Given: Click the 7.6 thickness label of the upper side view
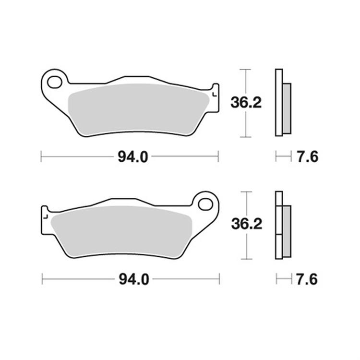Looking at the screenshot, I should [x=308, y=156].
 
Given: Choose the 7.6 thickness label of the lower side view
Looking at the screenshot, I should [x=308, y=278].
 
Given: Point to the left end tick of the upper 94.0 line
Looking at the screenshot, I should [x=42, y=156].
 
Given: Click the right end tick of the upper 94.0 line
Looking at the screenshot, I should [x=218, y=156].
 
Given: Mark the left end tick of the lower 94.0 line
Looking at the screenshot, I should [x=42, y=278].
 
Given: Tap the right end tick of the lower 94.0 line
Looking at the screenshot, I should [x=219, y=278].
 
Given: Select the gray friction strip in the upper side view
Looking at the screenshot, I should [x=287, y=108].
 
